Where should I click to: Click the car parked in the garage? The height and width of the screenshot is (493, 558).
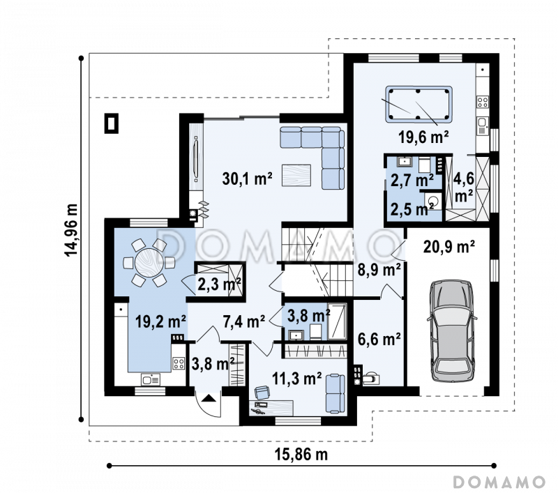[x=452, y=331]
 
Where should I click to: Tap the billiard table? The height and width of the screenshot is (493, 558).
[x=418, y=104]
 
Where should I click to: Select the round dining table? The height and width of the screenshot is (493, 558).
[x=149, y=262]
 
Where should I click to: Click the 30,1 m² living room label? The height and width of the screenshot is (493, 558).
[x=248, y=179]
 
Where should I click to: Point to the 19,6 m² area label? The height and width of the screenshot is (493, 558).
[x=423, y=137]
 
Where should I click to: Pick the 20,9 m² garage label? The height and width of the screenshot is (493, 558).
[x=448, y=246]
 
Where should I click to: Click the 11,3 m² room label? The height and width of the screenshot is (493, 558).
[x=297, y=379]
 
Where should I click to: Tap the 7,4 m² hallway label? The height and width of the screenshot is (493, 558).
[x=243, y=321]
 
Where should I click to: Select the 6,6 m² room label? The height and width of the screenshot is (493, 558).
[x=379, y=339]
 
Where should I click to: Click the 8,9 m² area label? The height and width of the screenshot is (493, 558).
[x=379, y=270]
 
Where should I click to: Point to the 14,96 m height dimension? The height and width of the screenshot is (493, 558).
[x=71, y=230]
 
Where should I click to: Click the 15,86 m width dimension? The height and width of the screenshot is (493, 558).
[x=301, y=454]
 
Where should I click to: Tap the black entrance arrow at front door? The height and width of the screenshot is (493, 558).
[x=209, y=398]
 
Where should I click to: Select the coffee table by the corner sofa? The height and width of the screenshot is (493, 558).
[x=296, y=175]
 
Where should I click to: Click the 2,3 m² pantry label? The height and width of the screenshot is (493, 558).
[x=219, y=285]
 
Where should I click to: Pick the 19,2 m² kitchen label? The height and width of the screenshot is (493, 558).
[x=160, y=321]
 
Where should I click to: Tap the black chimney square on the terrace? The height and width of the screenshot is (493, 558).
[x=112, y=123]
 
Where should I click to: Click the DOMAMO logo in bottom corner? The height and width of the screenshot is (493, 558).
[x=499, y=482]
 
